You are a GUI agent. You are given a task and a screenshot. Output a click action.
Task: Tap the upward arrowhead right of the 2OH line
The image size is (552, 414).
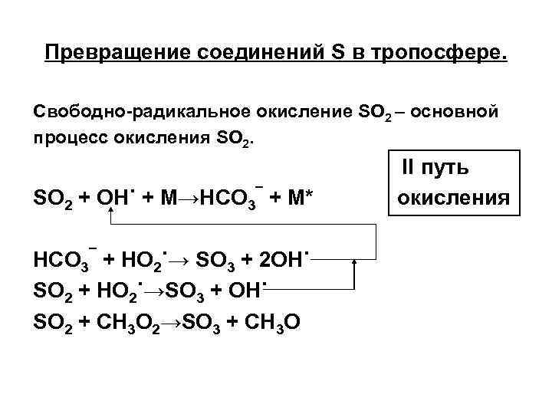point(354,264)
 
